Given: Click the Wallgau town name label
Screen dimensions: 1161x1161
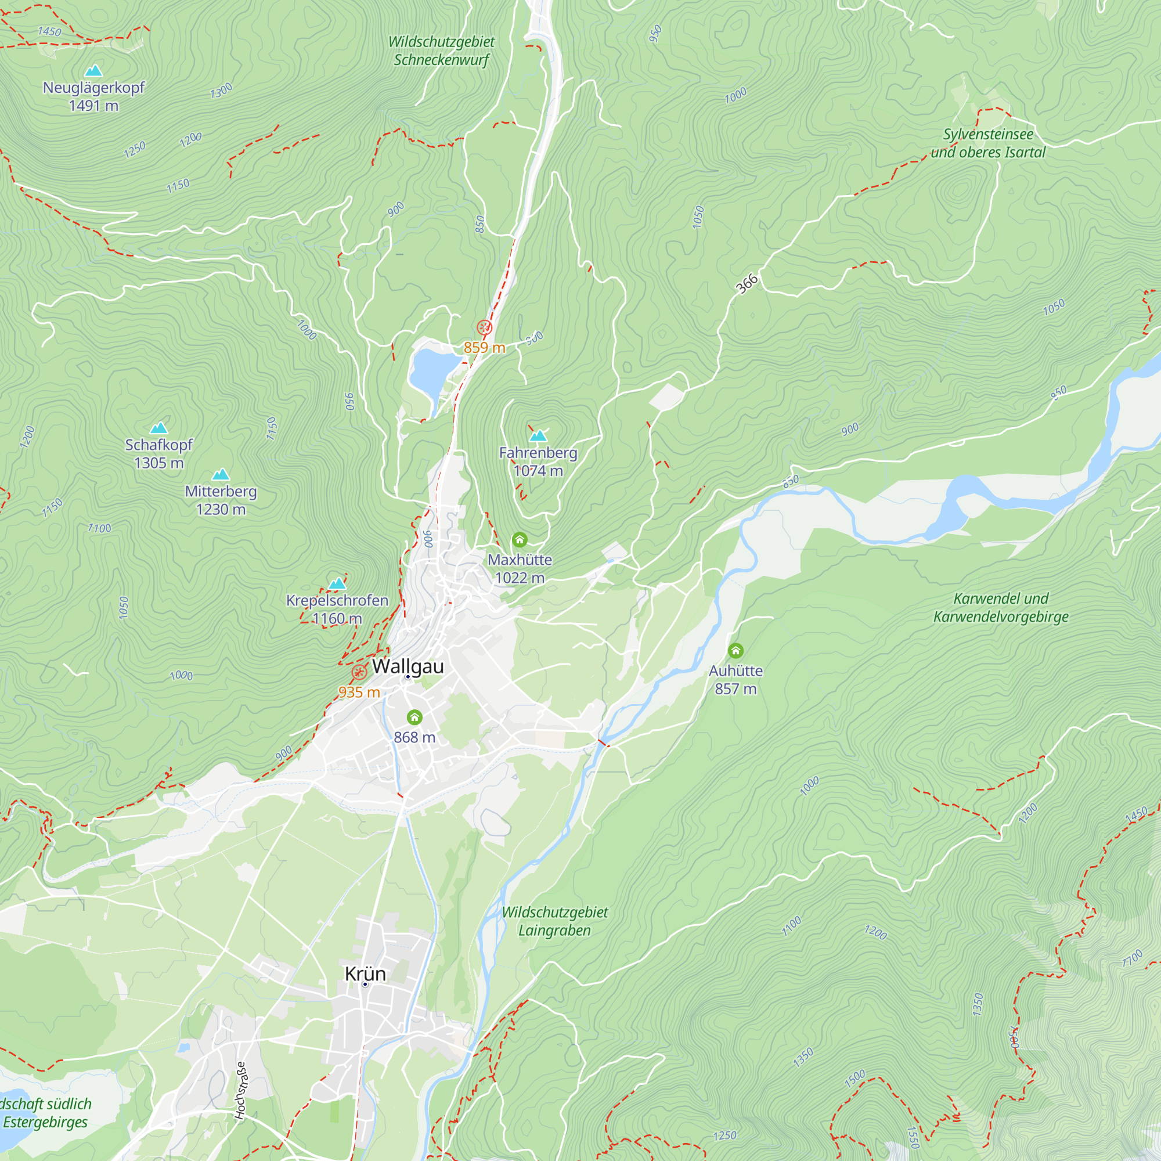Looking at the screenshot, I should coord(408,666).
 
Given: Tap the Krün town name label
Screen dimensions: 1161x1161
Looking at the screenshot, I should coord(365,973).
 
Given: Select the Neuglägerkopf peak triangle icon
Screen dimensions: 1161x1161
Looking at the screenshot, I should coord(93,71).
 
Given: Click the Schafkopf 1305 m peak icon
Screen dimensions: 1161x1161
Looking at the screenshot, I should coord(158,428).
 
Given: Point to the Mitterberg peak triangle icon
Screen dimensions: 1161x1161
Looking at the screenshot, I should coord(221,475).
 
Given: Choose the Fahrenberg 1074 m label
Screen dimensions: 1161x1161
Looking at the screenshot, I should coord(538,461).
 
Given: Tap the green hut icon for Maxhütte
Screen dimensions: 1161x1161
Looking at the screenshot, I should coord(519,540).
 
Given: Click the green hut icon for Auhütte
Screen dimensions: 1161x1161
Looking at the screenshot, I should coord(735,651).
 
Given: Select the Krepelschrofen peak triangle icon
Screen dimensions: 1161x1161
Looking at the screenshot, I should coord(337,583).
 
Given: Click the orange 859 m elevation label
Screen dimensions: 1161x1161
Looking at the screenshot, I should coord(484,347).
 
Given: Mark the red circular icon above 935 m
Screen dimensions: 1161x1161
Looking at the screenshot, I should coord(359,672).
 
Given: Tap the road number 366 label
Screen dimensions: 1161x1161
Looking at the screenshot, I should coord(747,284).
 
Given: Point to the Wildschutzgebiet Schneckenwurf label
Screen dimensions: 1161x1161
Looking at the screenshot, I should coord(442,51).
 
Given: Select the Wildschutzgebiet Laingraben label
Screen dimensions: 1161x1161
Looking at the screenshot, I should coord(554,921).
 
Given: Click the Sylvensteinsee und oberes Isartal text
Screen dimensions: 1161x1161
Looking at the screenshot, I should coord(988,143).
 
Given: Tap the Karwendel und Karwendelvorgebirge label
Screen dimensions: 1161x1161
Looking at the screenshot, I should coord(1001,608).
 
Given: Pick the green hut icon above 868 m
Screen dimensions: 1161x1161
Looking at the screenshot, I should coord(414,717).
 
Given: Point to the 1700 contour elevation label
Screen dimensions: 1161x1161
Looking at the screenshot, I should coord(1132,958).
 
